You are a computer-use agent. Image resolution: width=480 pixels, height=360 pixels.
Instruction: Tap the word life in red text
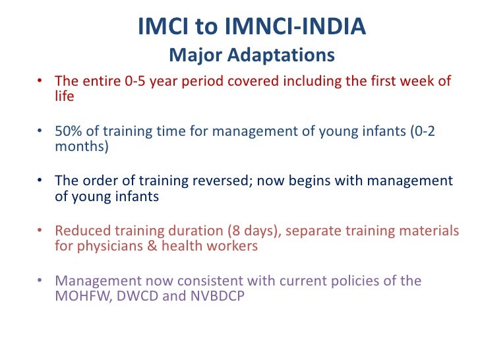click(x=65, y=96)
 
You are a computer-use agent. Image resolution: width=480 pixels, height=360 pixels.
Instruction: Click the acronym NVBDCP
click(x=218, y=296)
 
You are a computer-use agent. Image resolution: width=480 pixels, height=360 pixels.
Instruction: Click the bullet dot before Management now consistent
click(x=41, y=282)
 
